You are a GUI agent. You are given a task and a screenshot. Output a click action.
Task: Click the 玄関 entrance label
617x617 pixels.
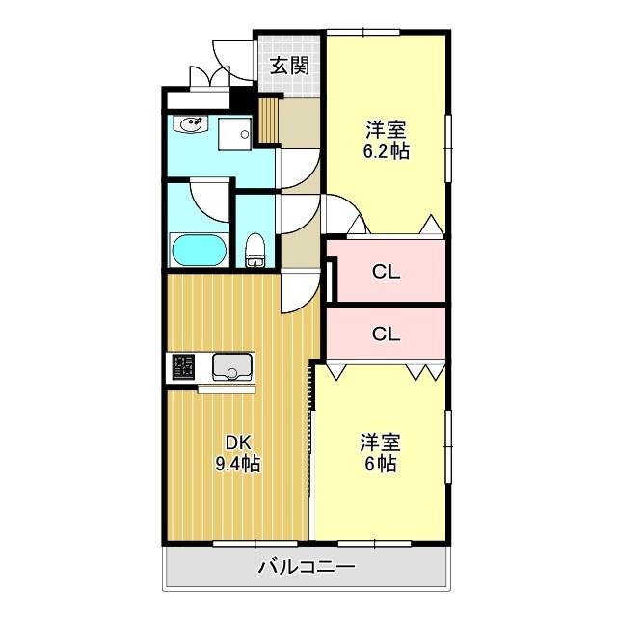tap(288, 66)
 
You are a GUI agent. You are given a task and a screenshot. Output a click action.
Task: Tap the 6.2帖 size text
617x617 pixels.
tap(386, 150)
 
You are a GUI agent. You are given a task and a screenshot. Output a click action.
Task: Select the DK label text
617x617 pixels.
tap(238, 443)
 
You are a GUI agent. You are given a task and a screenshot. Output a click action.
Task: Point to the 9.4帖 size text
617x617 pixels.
tap(238, 464)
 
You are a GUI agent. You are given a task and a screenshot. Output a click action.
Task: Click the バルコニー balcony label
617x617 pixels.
tap(307, 567)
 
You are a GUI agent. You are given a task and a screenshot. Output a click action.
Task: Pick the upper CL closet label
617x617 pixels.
tap(387, 271)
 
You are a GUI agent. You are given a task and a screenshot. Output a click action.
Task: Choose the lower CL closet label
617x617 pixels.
tap(387, 335)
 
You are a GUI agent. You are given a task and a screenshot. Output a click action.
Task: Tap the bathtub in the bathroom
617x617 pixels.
tap(199, 251)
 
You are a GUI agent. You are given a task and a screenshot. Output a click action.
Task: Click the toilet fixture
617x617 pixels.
tap(255, 249)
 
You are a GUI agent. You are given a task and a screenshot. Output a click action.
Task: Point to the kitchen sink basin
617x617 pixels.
tap(231, 366)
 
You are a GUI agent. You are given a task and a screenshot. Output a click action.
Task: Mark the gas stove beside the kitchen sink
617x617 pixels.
tap(182, 366)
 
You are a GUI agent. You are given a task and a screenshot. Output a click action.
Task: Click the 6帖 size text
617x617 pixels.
tap(380, 464)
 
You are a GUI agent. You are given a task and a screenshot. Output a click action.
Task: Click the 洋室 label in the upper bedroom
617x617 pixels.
tap(386, 129)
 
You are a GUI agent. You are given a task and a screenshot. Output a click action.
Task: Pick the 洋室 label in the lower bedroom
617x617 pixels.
tap(380, 443)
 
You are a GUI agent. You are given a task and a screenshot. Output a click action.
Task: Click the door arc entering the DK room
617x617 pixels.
tap(299, 289)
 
